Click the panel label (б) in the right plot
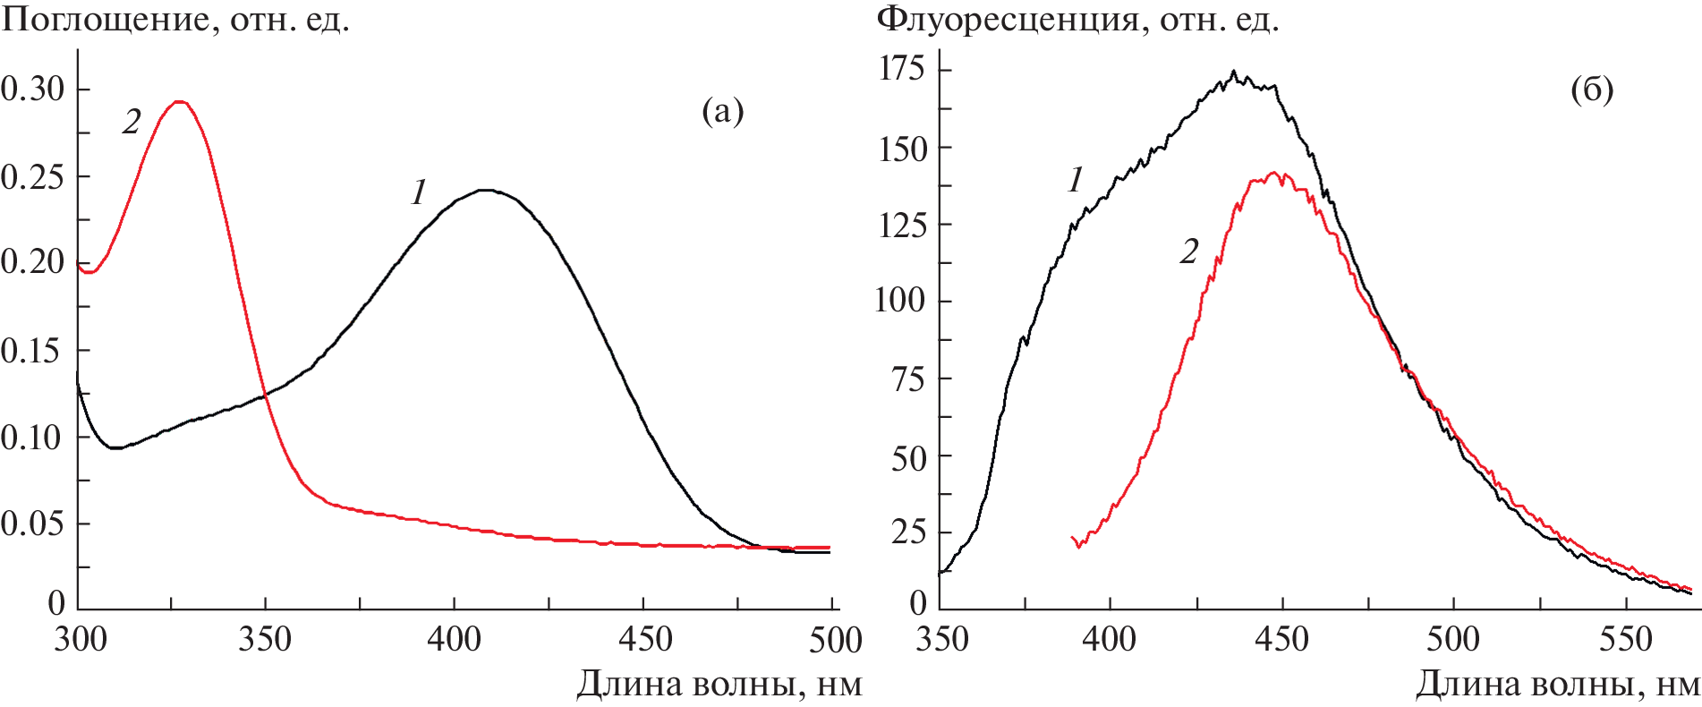coord(1592,90)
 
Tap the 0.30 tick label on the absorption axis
coord(33,89)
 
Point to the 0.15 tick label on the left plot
coord(33,351)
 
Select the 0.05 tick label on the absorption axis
coord(33,524)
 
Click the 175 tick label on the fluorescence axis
coord(902,68)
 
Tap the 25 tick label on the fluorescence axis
coord(909,532)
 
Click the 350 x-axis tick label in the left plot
coord(265,639)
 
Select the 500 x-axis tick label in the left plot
coord(835,639)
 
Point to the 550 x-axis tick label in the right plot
coord(1625,639)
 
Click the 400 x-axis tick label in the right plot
coord(1110,639)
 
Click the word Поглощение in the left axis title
coord(105,20)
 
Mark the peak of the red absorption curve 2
coord(180,102)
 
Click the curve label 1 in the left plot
coord(419,192)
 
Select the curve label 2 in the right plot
coord(1188,252)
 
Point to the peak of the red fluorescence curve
coord(1272,173)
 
